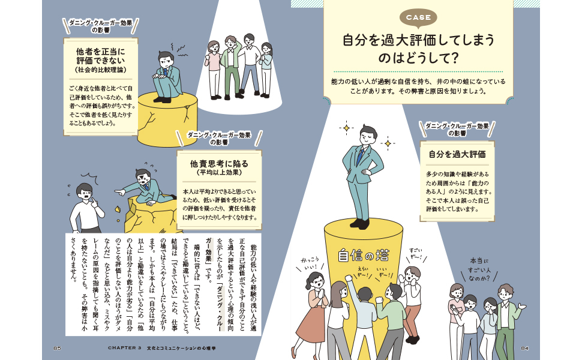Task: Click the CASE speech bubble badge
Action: coord(419,17)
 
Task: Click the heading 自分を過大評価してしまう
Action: coord(418,40)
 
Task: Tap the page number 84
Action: coord(524,348)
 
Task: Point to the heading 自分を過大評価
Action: coord(457,154)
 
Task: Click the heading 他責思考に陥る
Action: coord(218,163)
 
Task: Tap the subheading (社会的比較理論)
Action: coord(100,71)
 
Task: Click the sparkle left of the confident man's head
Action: coord(345,128)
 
